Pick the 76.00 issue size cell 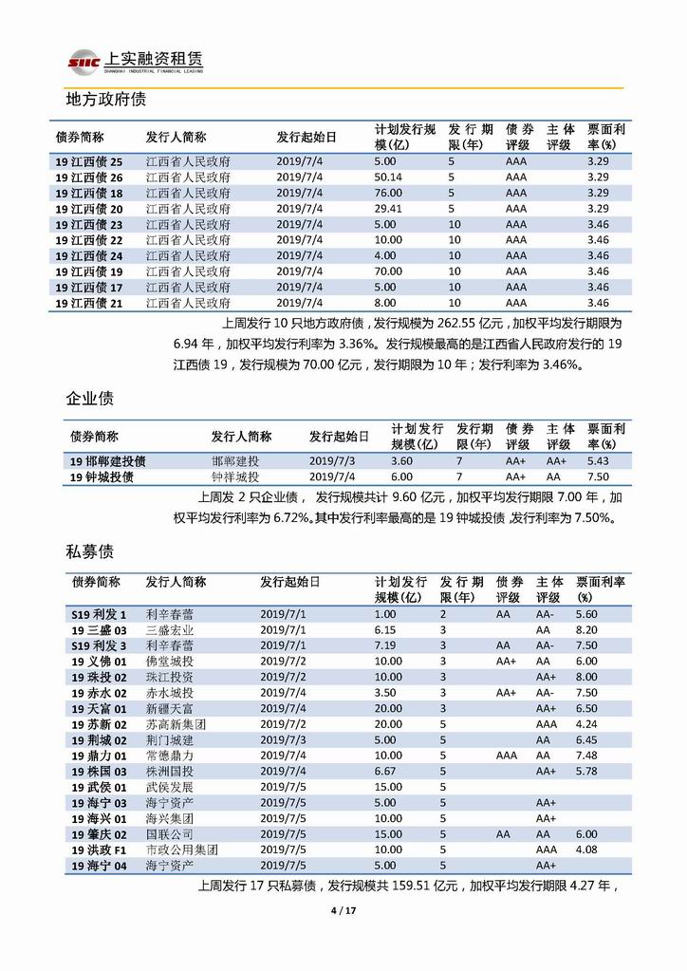387,193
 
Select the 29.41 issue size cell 388,208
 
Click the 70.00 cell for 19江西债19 387,271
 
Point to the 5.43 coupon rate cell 598,460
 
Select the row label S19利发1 98,614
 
